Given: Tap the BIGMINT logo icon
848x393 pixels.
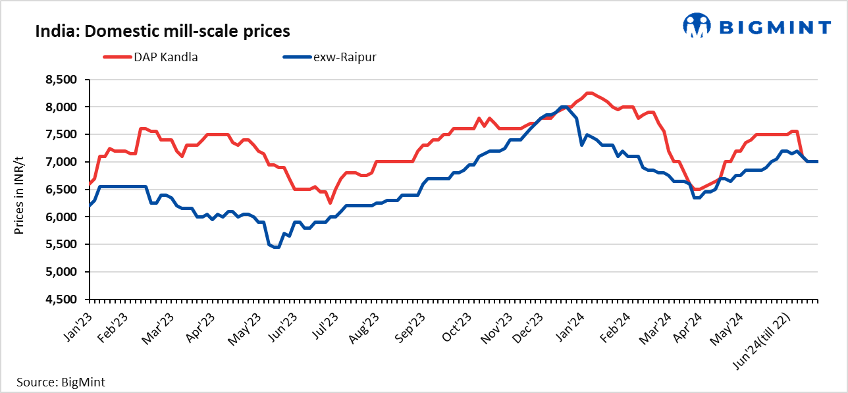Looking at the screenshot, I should [697, 27].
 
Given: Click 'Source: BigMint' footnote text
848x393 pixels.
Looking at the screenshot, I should [61, 382].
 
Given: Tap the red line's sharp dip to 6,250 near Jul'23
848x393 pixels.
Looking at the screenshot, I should [330, 203].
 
